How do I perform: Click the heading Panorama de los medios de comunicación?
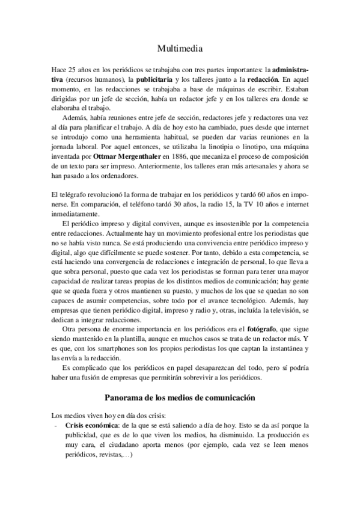pos(180,399)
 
